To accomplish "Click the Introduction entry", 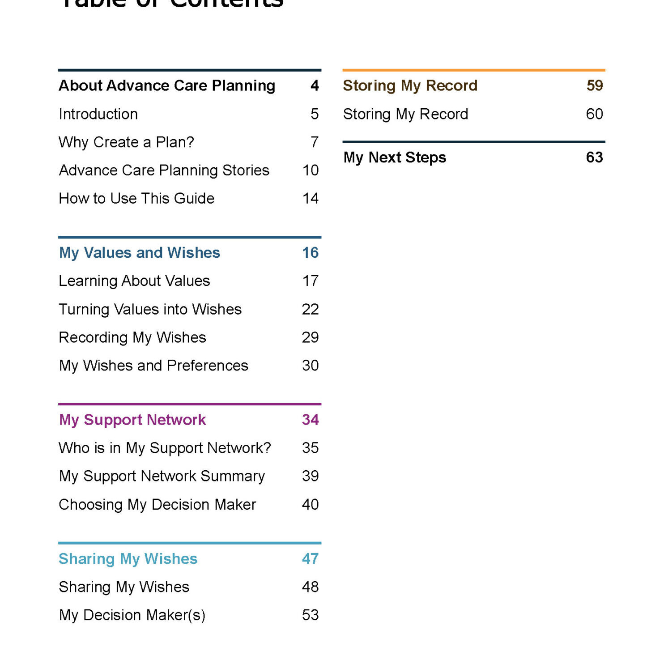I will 98,114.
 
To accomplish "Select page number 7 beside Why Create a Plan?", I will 315,142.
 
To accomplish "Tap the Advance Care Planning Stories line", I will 164,170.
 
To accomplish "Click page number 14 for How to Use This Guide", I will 310,199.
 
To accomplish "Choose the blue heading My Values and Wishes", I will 139,253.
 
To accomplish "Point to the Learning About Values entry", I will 134,281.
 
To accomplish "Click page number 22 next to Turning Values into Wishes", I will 310,309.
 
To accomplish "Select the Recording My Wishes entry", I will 132,337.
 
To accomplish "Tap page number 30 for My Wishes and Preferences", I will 310,366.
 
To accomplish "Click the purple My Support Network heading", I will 132,420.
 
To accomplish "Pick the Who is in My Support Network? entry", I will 165,448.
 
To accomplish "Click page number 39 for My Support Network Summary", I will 310,476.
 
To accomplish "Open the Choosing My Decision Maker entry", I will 157,505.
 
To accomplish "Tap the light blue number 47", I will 310,559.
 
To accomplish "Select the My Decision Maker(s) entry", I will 132,615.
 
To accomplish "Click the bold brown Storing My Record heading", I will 410,85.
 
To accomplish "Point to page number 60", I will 594,114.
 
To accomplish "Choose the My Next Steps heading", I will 395,157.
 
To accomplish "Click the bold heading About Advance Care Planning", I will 167,85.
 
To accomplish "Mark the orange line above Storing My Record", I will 473,70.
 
